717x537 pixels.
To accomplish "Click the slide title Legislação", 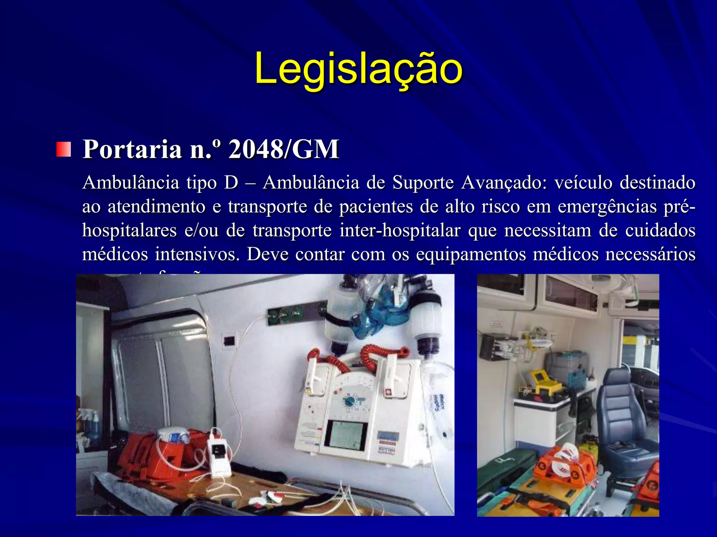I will tap(358, 69).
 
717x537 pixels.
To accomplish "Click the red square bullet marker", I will tap(63, 149).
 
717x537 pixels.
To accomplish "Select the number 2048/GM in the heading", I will tap(284, 149).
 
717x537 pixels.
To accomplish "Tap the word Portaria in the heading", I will tap(132, 149).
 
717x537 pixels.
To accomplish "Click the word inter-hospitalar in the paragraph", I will tap(400, 230).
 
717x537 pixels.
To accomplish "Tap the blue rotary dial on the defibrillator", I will tap(350, 401).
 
